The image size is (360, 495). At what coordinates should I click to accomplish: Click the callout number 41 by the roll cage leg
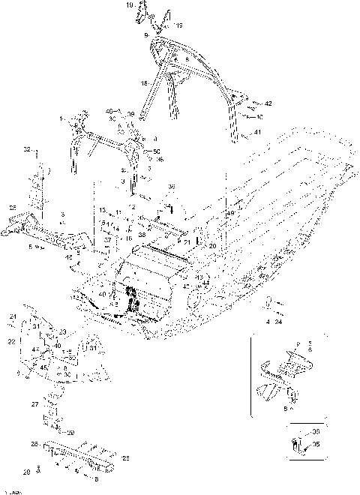tap(257, 132)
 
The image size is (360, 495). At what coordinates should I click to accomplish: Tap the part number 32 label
tap(27, 150)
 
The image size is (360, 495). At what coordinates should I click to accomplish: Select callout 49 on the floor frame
tap(230, 214)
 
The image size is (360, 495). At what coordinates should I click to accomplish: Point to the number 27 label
tap(34, 403)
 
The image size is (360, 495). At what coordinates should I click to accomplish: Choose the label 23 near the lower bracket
tap(62, 331)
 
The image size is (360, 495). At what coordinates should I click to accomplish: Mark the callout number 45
tap(44, 367)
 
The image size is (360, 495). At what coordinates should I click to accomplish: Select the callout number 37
tap(108, 240)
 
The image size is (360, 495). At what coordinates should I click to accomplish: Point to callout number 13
tap(102, 211)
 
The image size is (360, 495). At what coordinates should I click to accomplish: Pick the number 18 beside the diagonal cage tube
tap(145, 84)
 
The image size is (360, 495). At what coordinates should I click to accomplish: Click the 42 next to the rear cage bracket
tap(268, 103)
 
